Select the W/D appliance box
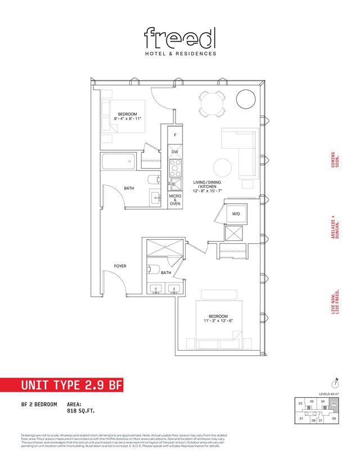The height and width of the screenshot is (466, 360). point(235,214)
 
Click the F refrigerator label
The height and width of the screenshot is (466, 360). point(175,136)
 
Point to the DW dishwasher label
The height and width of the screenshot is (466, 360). point(175,152)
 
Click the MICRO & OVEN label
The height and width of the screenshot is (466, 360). point(175,200)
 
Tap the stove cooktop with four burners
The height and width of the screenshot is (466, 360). point(175,167)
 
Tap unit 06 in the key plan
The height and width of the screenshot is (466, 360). point(334,418)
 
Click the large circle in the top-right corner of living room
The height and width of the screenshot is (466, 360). point(246,100)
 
